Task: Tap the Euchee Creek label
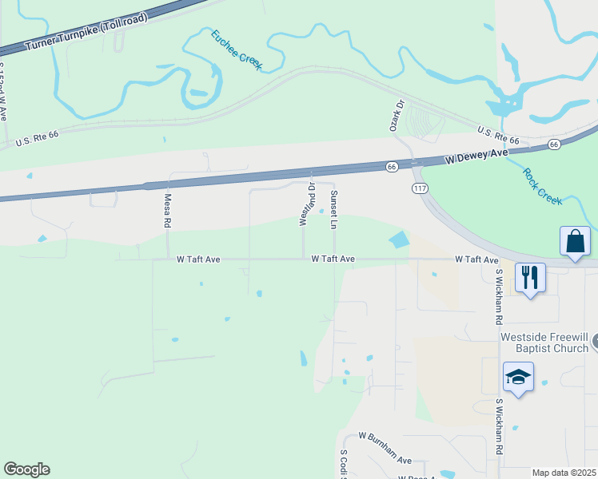(x=236, y=49)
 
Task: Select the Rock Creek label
(x=543, y=185)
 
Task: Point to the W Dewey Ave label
(x=477, y=155)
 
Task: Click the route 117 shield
(x=420, y=188)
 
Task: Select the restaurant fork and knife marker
(x=530, y=278)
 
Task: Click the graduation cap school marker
(x=518, y=378)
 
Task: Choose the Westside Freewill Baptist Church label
(x=544, y=342)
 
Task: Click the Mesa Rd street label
(x=168, y=211)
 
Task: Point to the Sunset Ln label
(x=334, y=210)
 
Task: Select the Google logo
(x=26, y=469)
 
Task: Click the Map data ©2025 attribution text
(x=564, y=473)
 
